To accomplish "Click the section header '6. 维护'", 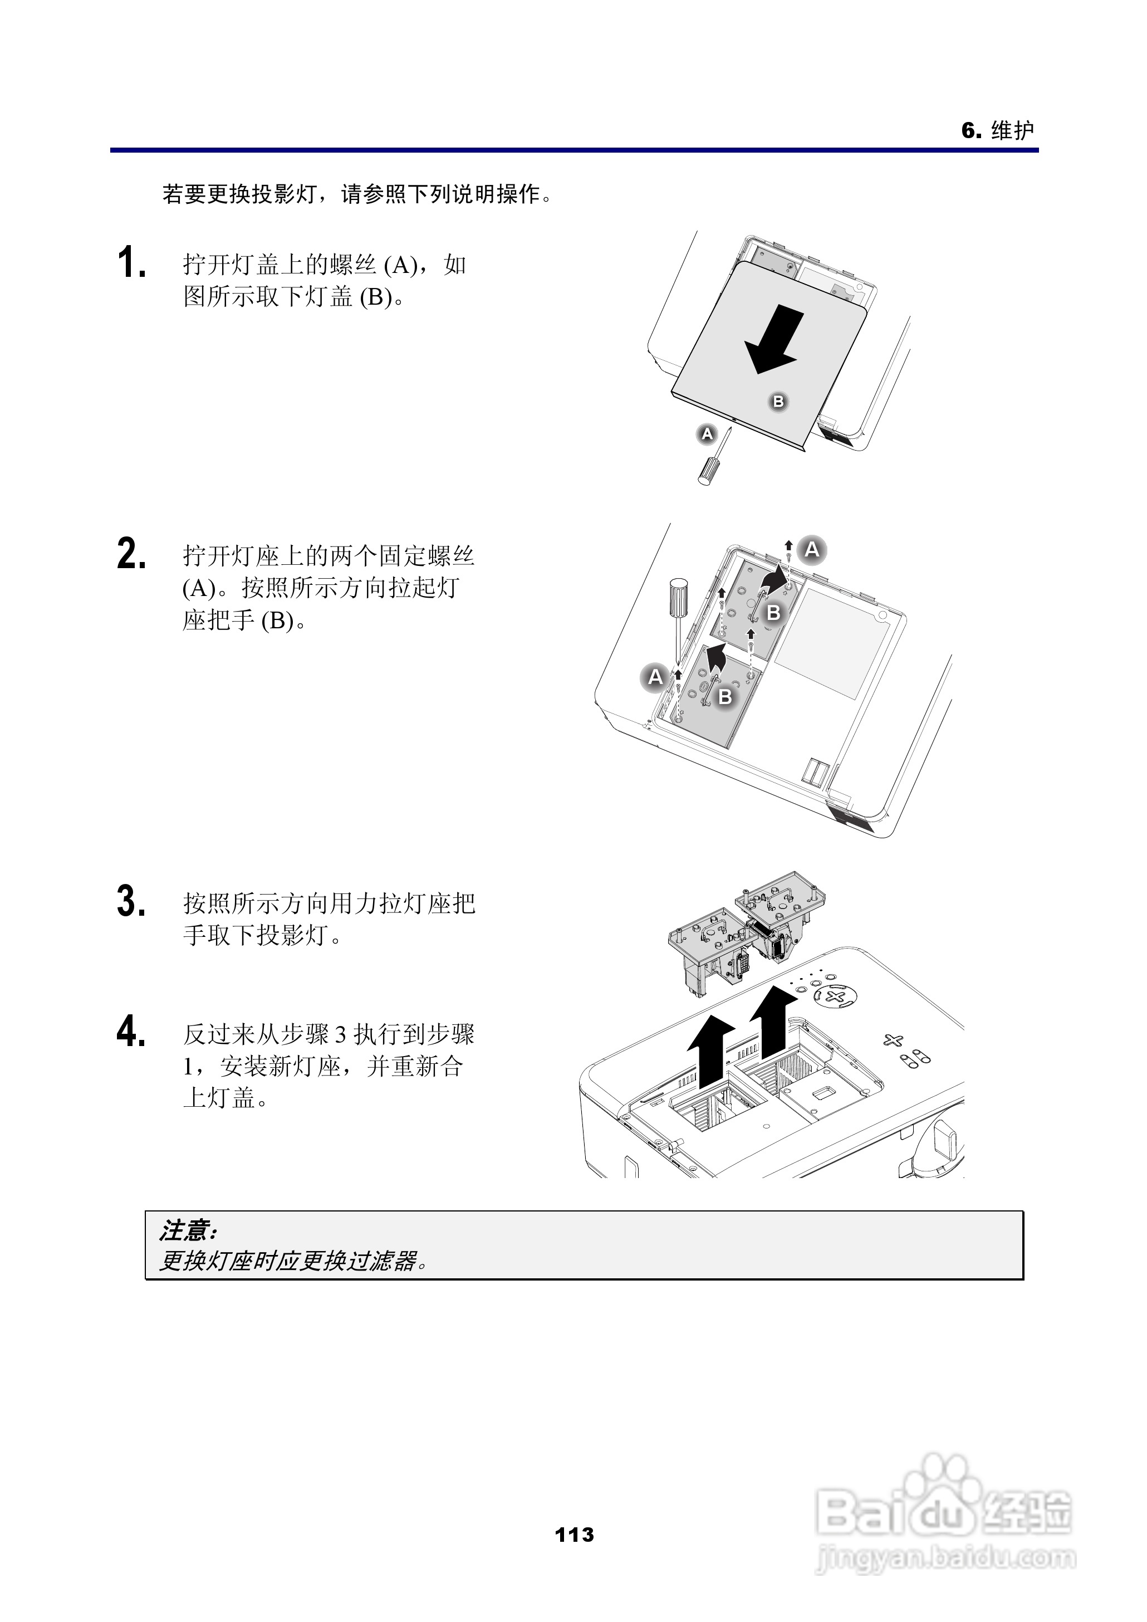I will (997, 130).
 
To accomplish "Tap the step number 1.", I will (131, 263).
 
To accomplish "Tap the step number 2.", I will (131, 553).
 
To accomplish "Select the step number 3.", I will (131, 901).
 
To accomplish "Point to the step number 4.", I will (131, 1032).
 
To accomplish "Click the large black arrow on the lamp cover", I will (774, 339).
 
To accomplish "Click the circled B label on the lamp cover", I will (778, 401).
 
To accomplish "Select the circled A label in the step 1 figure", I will (707, 434).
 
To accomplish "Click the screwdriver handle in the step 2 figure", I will (678, 597).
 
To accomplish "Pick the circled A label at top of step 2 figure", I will (812, 549).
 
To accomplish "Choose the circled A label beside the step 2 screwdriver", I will (655, 677).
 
